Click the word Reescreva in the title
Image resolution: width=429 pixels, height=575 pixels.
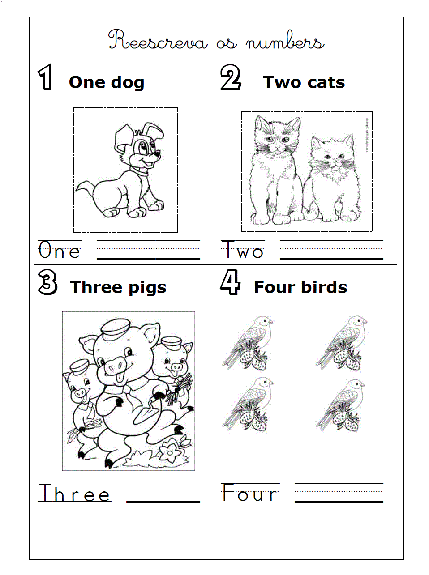pyautogui.click(x=158, y=40)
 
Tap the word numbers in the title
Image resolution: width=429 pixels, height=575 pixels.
pyautogui.click(x=285, y=41)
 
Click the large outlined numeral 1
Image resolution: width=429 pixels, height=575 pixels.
pyautogui.click(x=45, y=77)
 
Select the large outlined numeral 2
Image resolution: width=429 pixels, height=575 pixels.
pyautogui.click(x=230, y=77)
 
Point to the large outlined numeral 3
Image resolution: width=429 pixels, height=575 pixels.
pyautogui.click(x=47, y=283)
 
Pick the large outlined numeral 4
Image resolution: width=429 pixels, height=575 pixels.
pyautogui.click(x=230, y=282)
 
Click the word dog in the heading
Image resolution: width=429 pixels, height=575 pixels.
pyautogui.click(x=128, y=83)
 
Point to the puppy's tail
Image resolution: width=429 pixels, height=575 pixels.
pyautogui.click(x=84, y=187)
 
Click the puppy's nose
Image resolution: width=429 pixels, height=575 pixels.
pyautogui.click(x=158, y=153)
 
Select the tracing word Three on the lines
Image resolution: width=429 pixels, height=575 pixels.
pyautogui.click(x=75, y=493)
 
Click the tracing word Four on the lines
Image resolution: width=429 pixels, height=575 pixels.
pyautogui.click(x=250, y=492)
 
